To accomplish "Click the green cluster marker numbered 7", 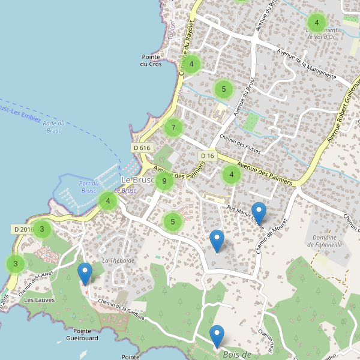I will click(x=173, y=127).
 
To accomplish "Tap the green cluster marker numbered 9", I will click(x=164, y=181).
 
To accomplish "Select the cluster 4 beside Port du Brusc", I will click(x=108, y=201).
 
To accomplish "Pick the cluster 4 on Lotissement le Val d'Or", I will click(x=316, y=23).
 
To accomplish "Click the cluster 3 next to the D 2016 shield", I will click(x=42, y=229).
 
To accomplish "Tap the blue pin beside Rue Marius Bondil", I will click(x=259, y=213).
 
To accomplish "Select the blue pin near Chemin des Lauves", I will click(x=85, y=274).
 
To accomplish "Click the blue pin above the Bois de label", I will click(x=217, y=335).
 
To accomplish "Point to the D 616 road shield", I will click(x=142, y=148).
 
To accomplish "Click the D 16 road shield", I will click(x=207, y=156).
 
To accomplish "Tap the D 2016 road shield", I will click(x=23, y=229).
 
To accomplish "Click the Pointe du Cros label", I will click(x=151, y=61).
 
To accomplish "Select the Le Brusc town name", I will click(x=138, y=180).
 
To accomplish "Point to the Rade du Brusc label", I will click(x=53, y=127).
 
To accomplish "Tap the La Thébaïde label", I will click(x=118, y=260).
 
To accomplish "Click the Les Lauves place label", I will click(x=40, y=300).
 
